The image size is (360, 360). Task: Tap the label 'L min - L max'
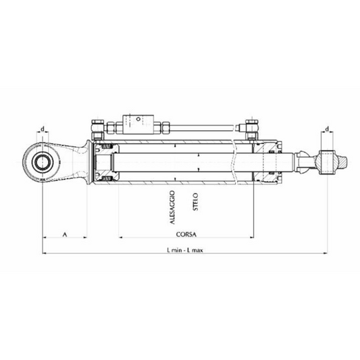(x=184, y=249)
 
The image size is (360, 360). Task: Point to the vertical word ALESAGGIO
(x=174, y=210)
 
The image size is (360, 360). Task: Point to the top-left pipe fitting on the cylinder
(x=97, y=126)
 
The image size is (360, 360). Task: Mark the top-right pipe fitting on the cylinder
(x=251, y=126)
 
